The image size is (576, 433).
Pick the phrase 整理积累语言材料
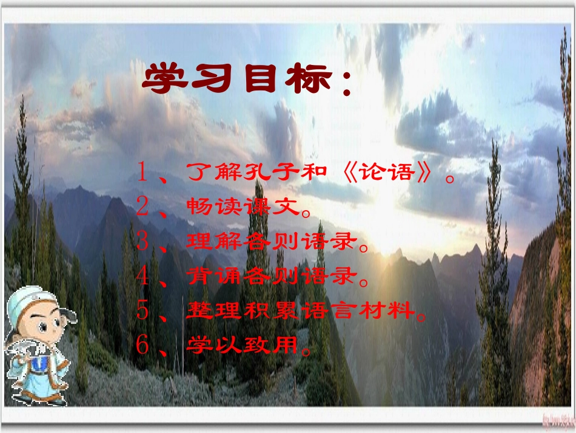(x=300, y=312)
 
